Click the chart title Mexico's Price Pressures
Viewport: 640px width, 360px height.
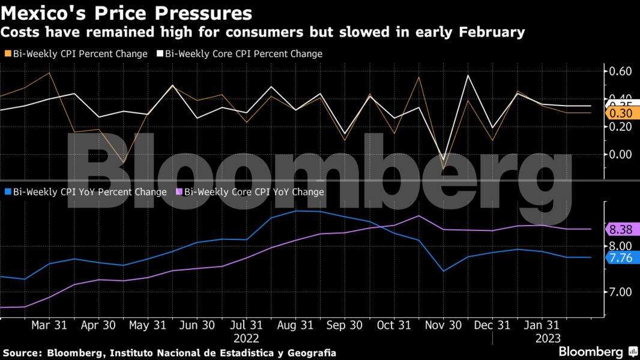click(127, 13)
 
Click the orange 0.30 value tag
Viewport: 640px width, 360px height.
click(621, 113)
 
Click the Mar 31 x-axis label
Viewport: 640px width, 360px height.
click(49, 325)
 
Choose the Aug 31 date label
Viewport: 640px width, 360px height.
click(295, 325)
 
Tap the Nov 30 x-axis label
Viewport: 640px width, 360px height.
click(444, 325)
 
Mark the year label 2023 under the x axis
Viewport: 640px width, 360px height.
click(548, 338)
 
